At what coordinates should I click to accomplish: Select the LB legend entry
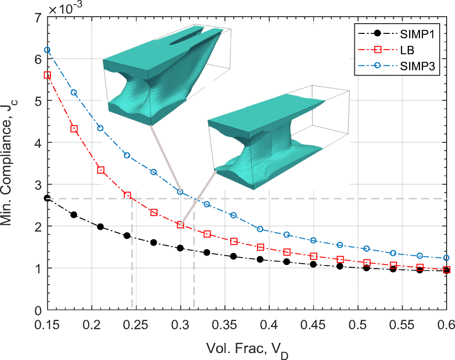pyautogui.click(x=409, y=51)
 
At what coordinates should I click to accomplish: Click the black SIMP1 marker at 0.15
pyautogui.click(x=47, y=198)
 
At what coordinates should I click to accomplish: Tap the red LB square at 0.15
pyautogui.click(x=47, y=75)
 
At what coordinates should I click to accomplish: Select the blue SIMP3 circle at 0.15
pyautogui.click(x=47, y=50)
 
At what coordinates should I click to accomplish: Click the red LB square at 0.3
pyautogui.click(x=180, y=225)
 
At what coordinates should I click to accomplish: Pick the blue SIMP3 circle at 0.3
pyautogui.click(x=180, y=192)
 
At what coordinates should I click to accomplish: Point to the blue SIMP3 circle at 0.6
pyautogui.click(x=446, y=258)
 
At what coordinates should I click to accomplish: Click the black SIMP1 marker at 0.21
pyautogui.click(x=100, y=227)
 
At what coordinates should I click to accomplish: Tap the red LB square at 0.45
pyautogui.click(x=314, y=256)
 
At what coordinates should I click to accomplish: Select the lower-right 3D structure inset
pyautogui.click(x=274, y=139)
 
